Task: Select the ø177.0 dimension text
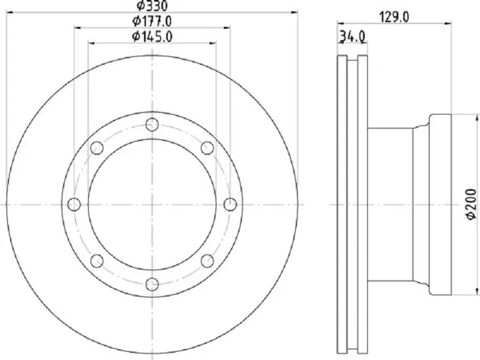151,22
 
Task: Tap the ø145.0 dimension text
151,37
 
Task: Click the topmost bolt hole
152,125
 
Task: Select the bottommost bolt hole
152,283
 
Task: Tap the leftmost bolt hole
73,205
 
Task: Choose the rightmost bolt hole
230,205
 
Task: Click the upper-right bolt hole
207,148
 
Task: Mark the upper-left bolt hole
96,148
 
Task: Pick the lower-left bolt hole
96,261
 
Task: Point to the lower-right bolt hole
207,261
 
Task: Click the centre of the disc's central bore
152,205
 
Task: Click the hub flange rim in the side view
440,205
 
